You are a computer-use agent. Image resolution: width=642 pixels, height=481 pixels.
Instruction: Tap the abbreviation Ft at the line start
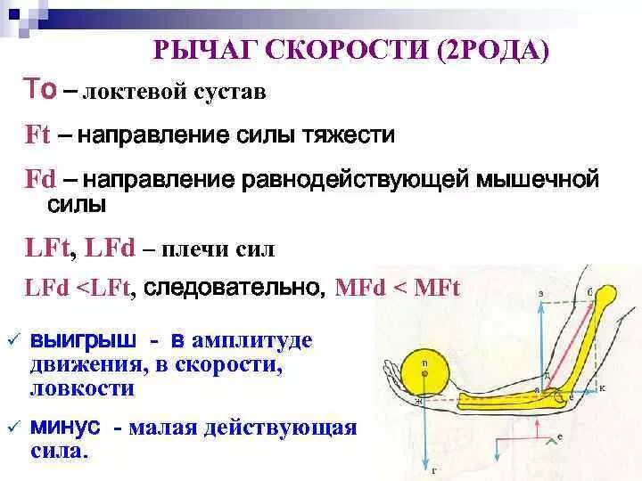[37, 136]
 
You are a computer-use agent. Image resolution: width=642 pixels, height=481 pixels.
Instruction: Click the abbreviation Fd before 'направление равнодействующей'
[38, 179]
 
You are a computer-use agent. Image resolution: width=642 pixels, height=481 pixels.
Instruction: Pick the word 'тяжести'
[352, 136]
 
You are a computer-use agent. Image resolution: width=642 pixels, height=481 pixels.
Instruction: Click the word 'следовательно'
[235, 287]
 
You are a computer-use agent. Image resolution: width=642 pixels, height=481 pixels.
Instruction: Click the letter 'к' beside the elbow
[602, 388]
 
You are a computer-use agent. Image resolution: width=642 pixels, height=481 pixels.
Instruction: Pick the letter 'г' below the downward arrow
[432, 470]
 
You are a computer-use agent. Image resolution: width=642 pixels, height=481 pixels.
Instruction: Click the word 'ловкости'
[82, 389]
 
